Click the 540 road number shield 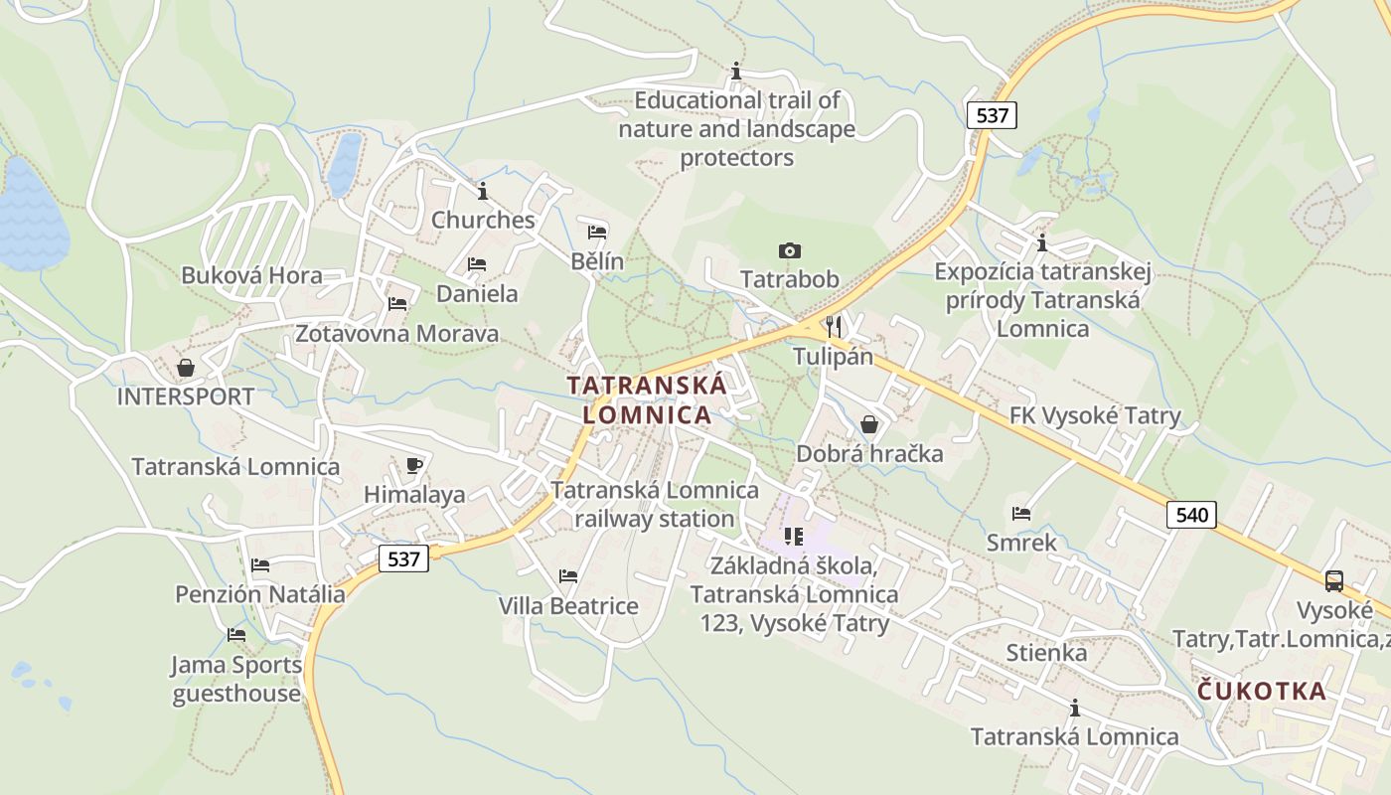click(1191, 514)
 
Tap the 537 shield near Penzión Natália click(403, 558)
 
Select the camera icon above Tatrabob click(790, 250)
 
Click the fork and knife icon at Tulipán click(834, 326)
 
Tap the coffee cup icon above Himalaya click(414, 465)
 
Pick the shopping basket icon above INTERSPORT click(186, 368)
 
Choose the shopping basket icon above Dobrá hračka click(869, 424)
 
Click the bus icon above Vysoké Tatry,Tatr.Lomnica click(1334, 581)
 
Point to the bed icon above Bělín click(597, 233)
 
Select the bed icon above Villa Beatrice click(568, 575)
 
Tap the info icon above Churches click(483, 191)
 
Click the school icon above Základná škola click(793, 537)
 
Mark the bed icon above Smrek click(1020, 514)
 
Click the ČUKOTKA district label click(1262, 691)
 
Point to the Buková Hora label click(251, 275)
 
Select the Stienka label click(1046, 653)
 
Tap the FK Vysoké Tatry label click(1095, 415)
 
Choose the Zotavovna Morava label click(396, 333)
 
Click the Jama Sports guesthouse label click(236, 679)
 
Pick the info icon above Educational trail click(736, 72)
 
